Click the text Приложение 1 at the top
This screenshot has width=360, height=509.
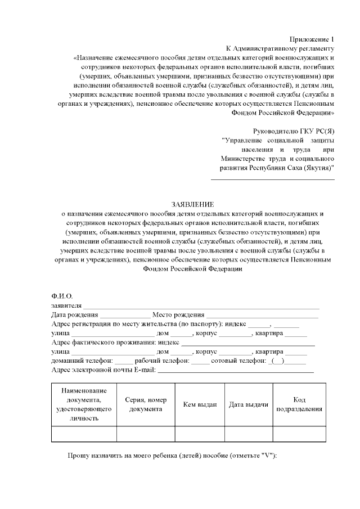tap(312, 39)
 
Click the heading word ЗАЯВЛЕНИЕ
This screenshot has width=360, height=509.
tap(193, 204)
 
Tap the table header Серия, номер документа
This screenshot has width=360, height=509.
tap(146, 404)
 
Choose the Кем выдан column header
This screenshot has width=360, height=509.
tap(200, 404)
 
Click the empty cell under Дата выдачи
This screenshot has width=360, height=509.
tap(248, 434)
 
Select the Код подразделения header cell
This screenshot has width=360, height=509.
tap(299, 404)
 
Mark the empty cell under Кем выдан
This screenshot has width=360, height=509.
tap(200, 434)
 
